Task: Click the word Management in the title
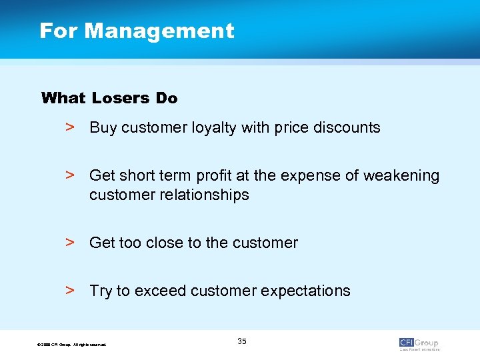point(159,31)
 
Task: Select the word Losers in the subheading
point(121,98)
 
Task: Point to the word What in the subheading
point(63,98)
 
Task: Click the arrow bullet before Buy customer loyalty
point(69,127)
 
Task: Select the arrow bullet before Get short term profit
point(69,175)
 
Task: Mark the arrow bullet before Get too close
point(69,242)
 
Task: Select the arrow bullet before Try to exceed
point(69,290)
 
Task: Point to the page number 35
point(241,341)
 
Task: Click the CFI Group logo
point(419,343)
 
